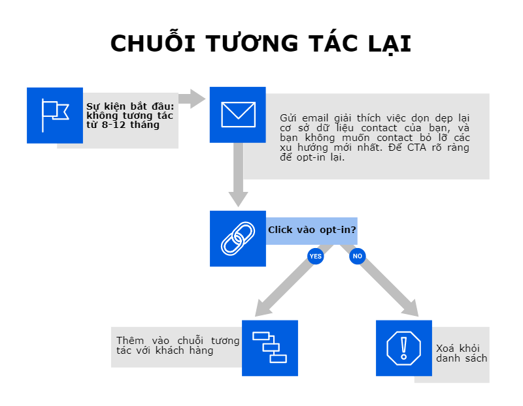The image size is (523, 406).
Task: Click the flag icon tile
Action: (55, 115)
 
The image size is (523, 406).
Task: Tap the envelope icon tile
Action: (237, 114)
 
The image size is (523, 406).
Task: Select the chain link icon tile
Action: (237, 238)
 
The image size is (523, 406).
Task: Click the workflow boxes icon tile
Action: (269, 348)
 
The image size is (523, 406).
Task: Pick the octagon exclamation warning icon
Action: (404, 348)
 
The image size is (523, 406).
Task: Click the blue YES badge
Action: (316, 257)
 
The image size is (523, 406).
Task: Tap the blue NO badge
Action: (357, 257)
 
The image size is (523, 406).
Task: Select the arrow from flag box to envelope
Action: (192, 99)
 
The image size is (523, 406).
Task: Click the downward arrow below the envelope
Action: (238, 176)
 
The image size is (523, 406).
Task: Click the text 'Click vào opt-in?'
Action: (312, 230)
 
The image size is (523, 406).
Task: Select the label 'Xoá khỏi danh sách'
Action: (461, 353)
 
